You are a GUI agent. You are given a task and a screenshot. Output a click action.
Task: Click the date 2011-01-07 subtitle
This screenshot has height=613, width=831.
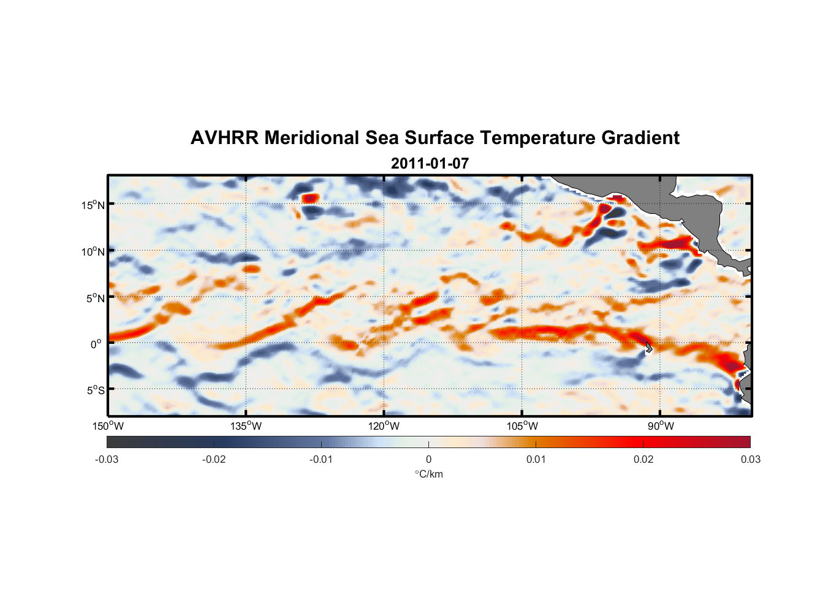pos(430,164)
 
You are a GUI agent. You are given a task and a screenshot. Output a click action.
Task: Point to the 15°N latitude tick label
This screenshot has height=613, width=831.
pos(93,205)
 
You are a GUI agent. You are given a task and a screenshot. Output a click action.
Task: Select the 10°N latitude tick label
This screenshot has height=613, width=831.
pos(93,251)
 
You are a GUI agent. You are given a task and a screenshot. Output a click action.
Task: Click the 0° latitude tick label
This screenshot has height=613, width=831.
pos(96,344)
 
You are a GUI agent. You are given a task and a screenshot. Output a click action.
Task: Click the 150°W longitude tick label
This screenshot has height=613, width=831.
pos(108,426)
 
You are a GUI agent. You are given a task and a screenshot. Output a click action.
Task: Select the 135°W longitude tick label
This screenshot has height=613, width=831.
pos(246,426)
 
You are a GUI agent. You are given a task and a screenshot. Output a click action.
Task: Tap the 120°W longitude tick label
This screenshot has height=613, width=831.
pos(384,426)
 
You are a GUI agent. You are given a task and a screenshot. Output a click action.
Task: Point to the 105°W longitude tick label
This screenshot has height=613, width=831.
pos(522,426)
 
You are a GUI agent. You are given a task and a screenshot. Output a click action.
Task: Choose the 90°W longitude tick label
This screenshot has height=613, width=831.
pos(661,426)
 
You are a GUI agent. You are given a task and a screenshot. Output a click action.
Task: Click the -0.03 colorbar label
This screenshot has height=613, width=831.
pos(107,459)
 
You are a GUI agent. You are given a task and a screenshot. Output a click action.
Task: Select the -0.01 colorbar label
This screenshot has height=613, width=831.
pos(321,459)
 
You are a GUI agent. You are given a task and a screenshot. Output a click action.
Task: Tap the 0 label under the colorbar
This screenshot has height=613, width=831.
pos(428,459)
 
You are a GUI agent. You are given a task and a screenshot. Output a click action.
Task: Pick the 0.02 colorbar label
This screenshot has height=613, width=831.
pos(643,459)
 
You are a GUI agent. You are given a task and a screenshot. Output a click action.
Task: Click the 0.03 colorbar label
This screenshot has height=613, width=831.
pos(750,459)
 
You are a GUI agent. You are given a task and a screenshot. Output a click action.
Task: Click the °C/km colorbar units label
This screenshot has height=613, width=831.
pos(428,474)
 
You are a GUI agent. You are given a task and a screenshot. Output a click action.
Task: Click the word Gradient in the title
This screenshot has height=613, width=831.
pos(640,138)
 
